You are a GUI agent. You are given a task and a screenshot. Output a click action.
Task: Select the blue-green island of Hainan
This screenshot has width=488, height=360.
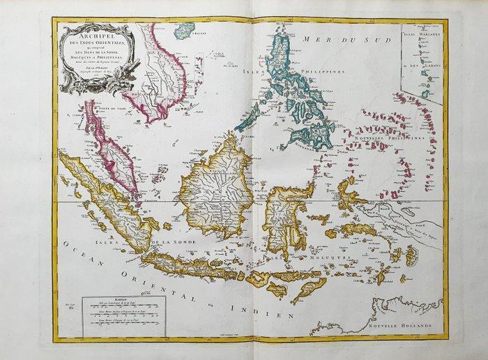tap(183, 30)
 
